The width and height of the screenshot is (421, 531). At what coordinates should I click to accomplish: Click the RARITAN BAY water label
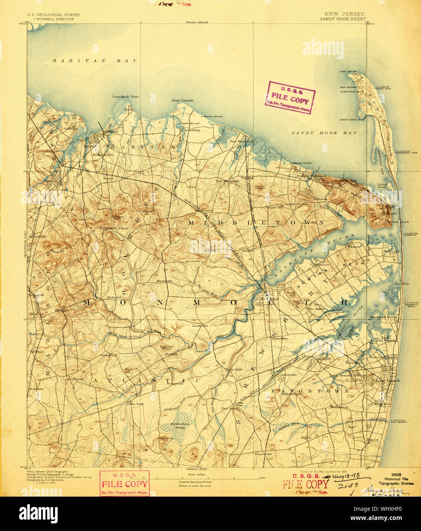coord(94,61)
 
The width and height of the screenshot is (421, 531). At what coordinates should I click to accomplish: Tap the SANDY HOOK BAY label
coord(324,133)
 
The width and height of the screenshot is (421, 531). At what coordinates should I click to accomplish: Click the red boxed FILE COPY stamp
coord(124,484)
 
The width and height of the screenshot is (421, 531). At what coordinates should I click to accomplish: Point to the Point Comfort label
coord(182,100)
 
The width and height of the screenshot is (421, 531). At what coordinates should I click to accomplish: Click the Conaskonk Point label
coord(126,97)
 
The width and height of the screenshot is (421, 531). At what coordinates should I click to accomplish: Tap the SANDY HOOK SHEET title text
coord(342,19)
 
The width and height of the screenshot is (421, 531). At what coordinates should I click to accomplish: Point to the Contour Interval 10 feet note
coord(195,482)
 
